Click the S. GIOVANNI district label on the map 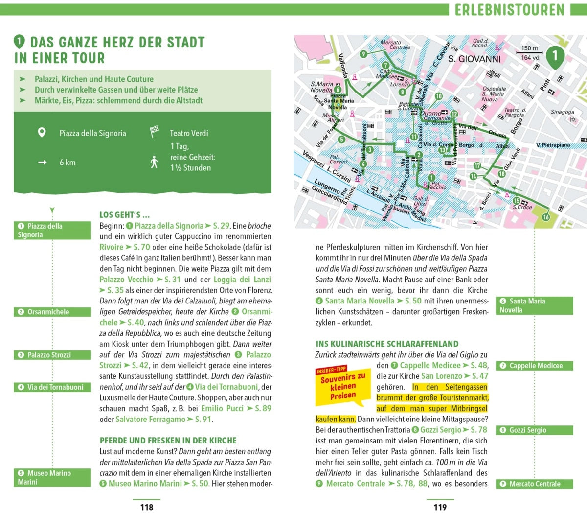coord(474,59)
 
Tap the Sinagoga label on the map coord(562,112)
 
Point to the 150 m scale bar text coord(529,48)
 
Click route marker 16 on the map coord(546,217)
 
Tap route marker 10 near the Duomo coord(439,96)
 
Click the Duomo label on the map coord(431,113)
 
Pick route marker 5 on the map coord(342,140)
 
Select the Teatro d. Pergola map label coord(515,112)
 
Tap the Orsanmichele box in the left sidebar coord(52,312)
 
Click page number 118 coord(146,507)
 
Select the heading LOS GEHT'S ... coord(124,215)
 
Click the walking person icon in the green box coord(154,162)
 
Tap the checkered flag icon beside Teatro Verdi coord(154,132)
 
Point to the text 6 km coord(68,163)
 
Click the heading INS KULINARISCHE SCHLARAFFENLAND coord(387,344)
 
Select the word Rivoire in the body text coord(112,247)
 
